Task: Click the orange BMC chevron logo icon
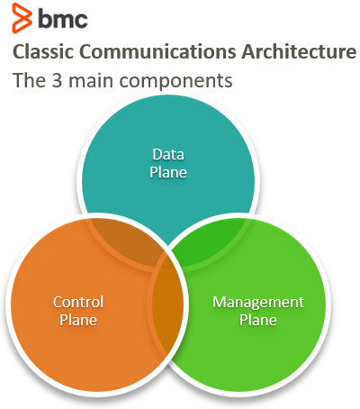22,18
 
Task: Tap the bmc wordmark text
63,19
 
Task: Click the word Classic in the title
43,51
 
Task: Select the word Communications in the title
157,51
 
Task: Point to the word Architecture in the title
299,51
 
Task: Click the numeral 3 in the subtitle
57,80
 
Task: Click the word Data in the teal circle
168,154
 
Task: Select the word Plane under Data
168,172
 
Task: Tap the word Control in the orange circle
78,302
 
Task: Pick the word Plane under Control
78,320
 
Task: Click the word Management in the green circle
258,302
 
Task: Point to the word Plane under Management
258,320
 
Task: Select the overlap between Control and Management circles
167,304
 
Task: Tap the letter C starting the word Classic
18,51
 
